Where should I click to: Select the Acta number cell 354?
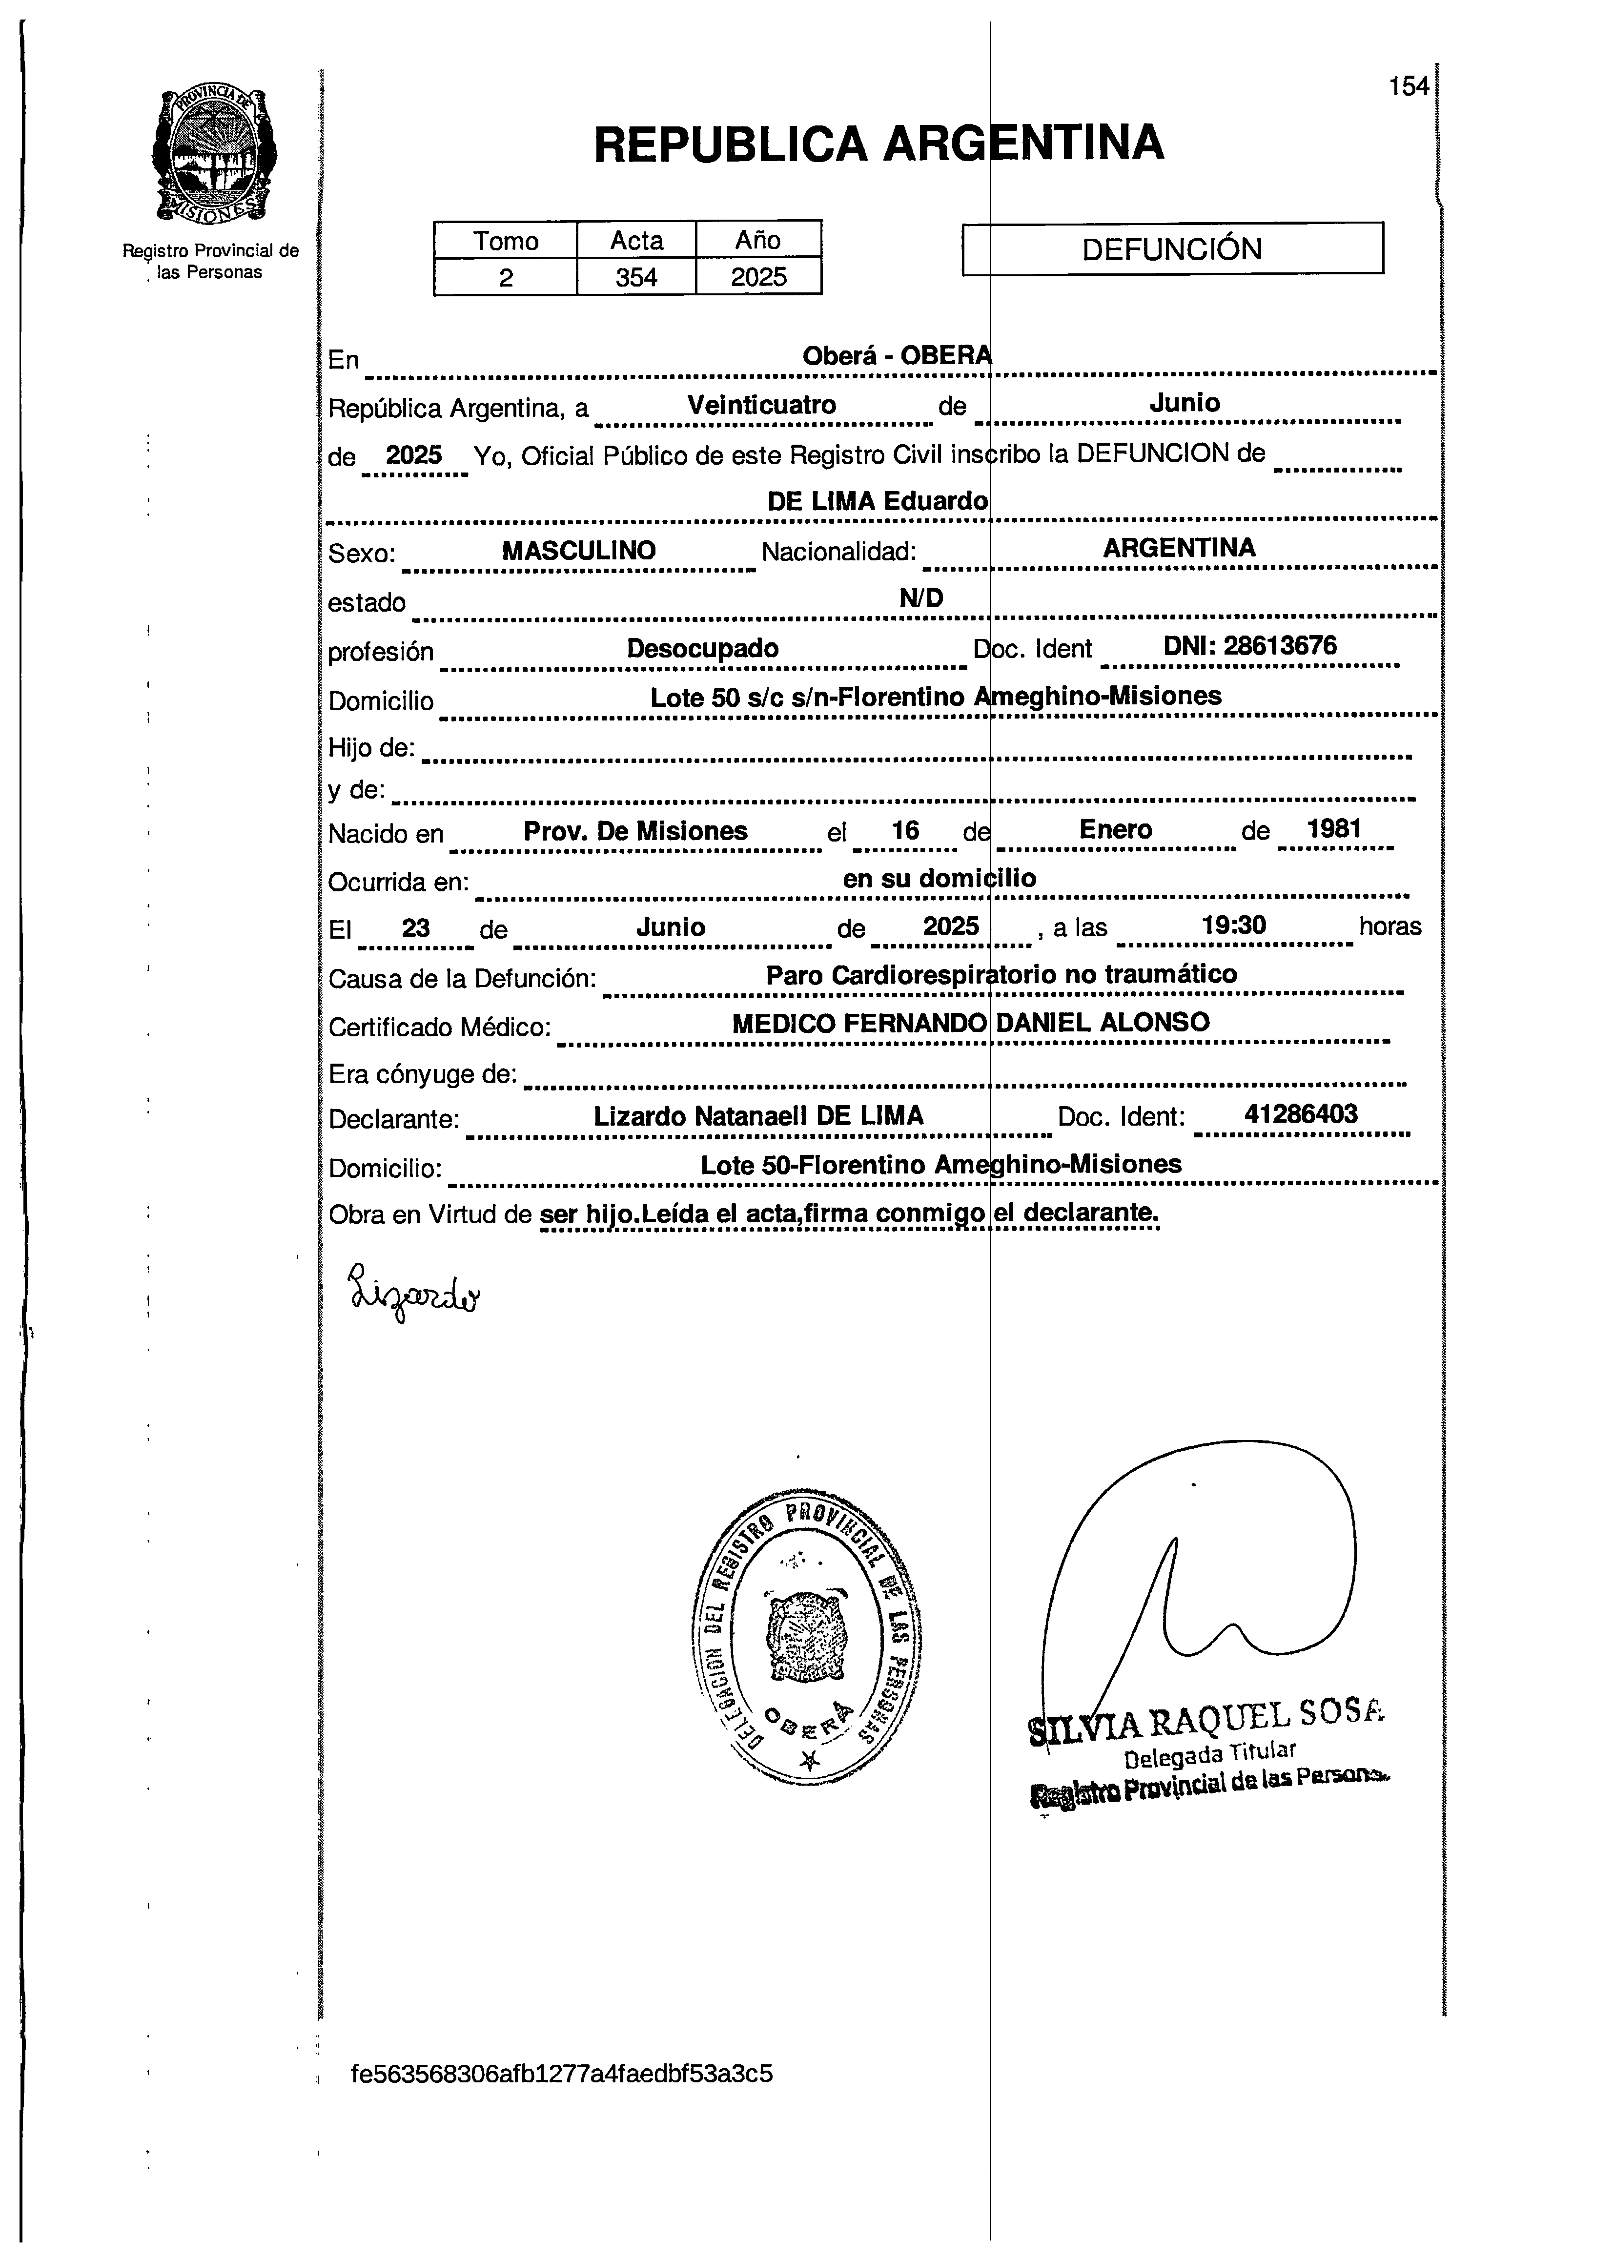coord(636,277)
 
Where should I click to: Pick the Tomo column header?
coord(506,241)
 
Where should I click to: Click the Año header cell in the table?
coord(758,241)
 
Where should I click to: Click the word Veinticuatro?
coord(761,406)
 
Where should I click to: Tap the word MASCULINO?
coord(578,551)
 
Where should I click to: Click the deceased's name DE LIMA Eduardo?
coord(878,501)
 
